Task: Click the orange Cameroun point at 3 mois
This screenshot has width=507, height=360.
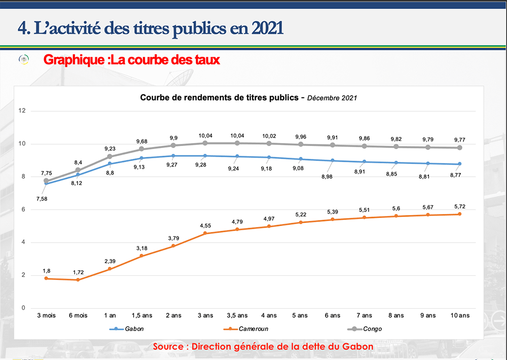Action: (46, 278)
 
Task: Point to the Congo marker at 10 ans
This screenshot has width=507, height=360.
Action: (460, 148)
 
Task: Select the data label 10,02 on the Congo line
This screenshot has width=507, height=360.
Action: (269, 135)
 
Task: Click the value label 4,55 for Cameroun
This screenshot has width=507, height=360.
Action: (205, 225)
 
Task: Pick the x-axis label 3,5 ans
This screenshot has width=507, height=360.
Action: (237, 315)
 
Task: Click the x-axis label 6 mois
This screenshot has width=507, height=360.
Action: (78, 315)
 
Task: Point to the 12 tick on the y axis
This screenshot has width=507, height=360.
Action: (21, 111)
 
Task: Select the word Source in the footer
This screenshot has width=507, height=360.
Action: (169, 347)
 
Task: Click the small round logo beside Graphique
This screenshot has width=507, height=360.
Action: (24, 60)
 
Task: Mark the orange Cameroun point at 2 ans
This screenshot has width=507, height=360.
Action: (173, 246)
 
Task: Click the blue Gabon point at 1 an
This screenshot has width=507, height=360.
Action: (110, 163)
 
